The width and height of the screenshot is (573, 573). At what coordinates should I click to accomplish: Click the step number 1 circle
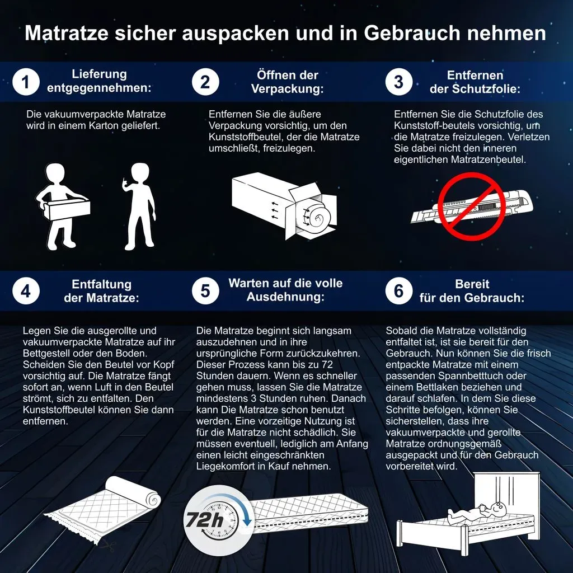(x=26, y=82)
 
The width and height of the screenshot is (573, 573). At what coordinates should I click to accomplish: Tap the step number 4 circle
(x=26, y=291)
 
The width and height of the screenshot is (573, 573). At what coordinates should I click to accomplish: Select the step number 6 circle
(x=398, y=291)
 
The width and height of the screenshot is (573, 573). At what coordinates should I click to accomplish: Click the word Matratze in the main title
(x=67, y=33)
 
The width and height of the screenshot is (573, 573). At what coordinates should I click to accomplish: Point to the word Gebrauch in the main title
(x=412, y=33)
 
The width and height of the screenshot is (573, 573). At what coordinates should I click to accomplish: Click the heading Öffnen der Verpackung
(x=287, y=82)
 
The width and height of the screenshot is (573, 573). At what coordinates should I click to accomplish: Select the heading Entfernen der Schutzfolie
(x=475, y=82)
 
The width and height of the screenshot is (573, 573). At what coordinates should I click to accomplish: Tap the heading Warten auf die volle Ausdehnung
(x=285, y=290)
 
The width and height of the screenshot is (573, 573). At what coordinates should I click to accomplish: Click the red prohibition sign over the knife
(x=471, y=206)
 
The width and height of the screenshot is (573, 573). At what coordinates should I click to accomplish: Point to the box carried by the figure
(x=67, y=209)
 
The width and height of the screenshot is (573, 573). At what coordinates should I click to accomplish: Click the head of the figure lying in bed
(x=497, y=508)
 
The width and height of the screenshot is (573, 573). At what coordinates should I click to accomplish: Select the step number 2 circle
(x=205, y=82)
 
